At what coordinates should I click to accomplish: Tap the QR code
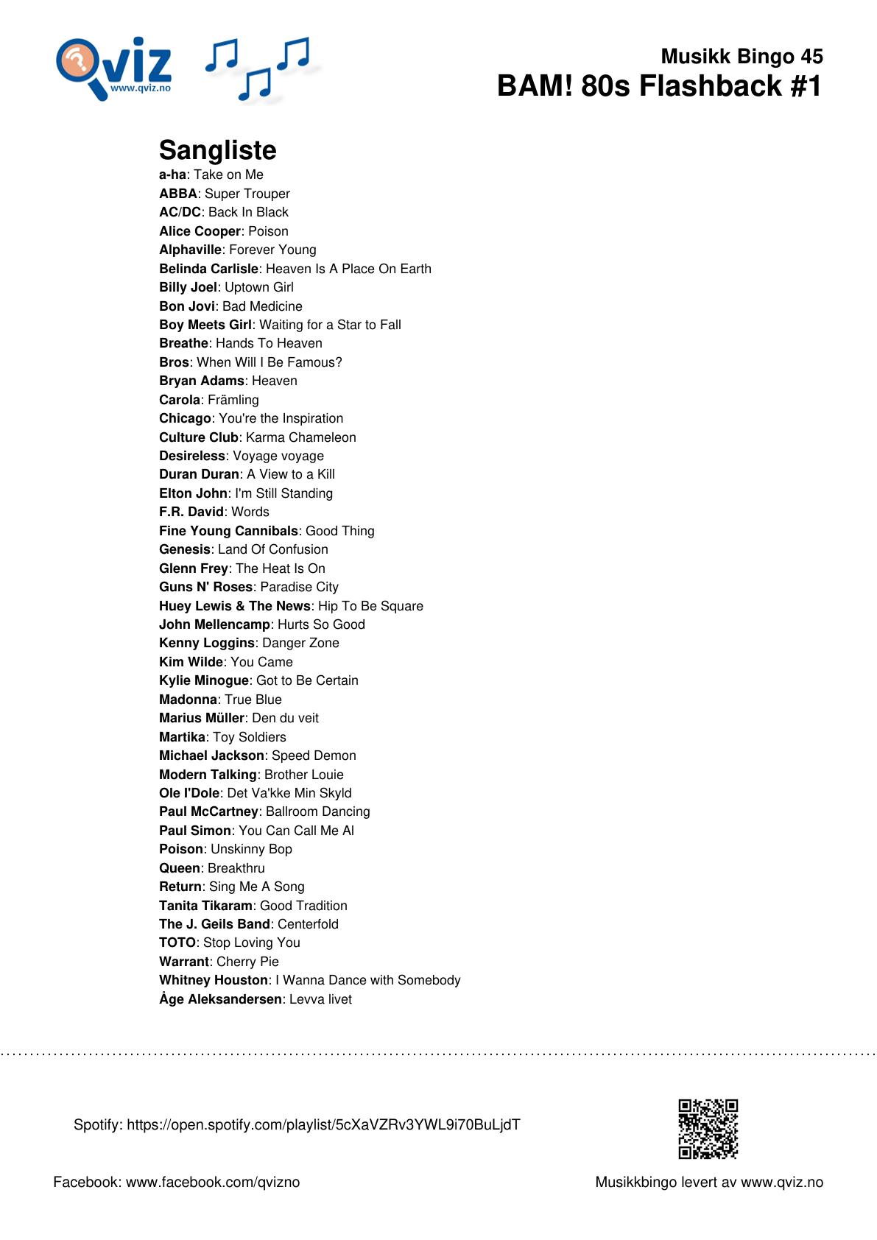coord(708,1129)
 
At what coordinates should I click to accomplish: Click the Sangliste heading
coord(218,150)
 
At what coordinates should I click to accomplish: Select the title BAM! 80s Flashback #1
coord(659,86)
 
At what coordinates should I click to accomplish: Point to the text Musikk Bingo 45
coord(742,56)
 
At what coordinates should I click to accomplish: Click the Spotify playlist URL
coord(323,1124)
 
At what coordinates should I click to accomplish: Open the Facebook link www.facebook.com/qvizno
coord(213,1182)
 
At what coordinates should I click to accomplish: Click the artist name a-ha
coord(172,175)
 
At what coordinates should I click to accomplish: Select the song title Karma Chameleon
coord(300,437)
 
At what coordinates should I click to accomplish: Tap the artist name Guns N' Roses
coord(205,587)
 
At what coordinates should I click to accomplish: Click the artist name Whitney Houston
coord(214,980)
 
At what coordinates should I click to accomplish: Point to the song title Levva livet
coord(320,999)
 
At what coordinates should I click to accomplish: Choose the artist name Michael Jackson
coord(211,755)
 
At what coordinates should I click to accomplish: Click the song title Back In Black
coord(248,212)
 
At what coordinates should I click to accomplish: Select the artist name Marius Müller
coord(201,718)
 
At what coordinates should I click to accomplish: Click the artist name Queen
coord(180,868)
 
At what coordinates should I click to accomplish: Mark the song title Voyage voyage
coord(278,456)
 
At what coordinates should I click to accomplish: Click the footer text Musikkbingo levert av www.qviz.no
coord(709,1182)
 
